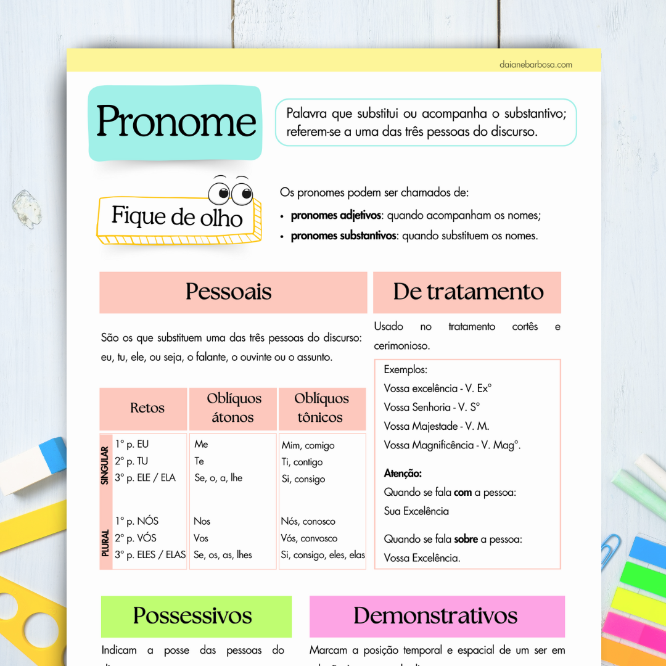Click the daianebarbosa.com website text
pyautogui.click(x=536, y=64)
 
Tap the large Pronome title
pyautogui.click(x=176, y=121)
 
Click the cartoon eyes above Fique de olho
pyautogui.click(x=230, y=192)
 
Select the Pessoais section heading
pyautogui.click(x=229, y=292)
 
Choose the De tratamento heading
pyautogui.click(x=468, y=292)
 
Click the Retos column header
pyautogui.click(x=147, y=408)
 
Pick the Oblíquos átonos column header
pyautogui.click(x=234, y=408)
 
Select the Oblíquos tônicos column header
pyautogui.click(x=321, y=408)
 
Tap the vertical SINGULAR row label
pyautogui.click(x=105, y=464)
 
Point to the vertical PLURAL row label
pyautogui.click(x=105, y=543)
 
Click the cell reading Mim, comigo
pyautogui.click(x=308, y=445)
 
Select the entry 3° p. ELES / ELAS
pyautogui.click(x=150, y=554)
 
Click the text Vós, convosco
pyautogui.click(x=309, y=538)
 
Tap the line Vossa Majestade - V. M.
pyautogui.click(x=436, y=426)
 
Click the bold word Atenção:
pyautogui.click(x=403, y=474)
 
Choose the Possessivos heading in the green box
pyautogui.click(x=192, y=615)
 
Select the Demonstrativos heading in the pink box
pyautogui.click(x=435, y=615)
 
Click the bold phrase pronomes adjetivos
pyautogui.click(x=335, y=216)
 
